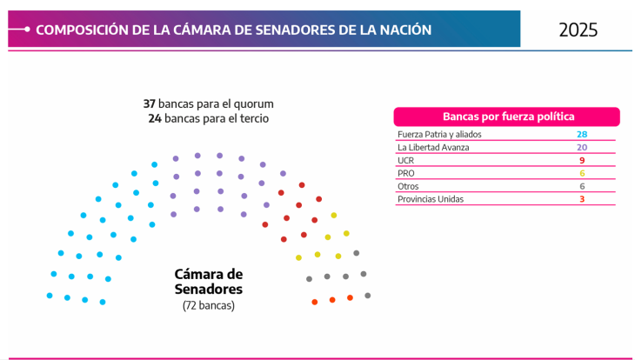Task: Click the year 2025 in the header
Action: click(578, 30)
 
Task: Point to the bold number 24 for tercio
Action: click(154, 117)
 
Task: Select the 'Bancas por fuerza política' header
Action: click(507, 117)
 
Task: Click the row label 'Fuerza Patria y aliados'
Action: click(439, 135)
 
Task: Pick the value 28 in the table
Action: click(582, 135)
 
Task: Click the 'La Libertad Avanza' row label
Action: click(433, 148)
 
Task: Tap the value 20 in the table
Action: click(582, 148)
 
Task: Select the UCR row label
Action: click(405, 161)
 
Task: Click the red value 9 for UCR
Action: click(582, 161)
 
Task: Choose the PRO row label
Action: click(406, 173)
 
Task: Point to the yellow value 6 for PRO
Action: click(582, 173)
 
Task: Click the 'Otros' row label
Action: click(408, 186)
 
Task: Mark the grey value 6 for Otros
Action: click(582, 186)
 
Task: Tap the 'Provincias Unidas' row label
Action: click(431, 199)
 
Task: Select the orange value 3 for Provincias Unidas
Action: click(582, 199)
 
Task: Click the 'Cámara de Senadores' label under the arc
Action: click(209, 281)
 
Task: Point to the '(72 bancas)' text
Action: click(209, 305)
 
